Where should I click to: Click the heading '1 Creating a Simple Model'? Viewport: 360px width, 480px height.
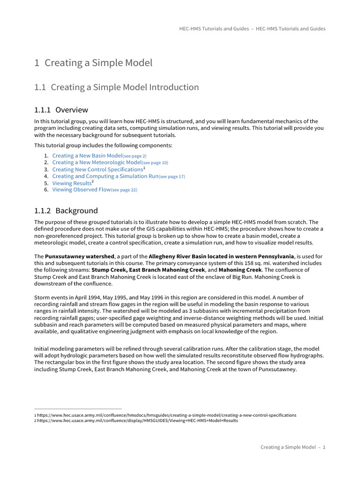coord(93,63)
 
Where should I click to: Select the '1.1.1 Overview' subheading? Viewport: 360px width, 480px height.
coord(61,110)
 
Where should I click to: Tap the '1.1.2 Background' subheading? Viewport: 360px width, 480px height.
coord(66,211)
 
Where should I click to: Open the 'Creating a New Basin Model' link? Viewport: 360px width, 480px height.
coord(87,156)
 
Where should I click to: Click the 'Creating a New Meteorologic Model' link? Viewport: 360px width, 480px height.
coord(97,163)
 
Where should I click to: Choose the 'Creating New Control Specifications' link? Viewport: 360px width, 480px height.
coord(97,170)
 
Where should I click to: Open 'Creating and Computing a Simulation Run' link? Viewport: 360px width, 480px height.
coord(105,177)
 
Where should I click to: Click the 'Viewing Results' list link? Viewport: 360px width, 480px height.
coord(71,183)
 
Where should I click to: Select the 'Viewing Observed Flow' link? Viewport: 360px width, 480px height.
coord(82,190)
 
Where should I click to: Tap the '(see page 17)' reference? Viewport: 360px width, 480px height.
coord(172,177)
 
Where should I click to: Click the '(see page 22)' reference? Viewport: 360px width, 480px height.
coord(124,190)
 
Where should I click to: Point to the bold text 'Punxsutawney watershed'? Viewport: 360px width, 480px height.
coord(79,256)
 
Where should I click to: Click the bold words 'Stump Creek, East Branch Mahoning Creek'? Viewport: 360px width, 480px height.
coord(148,270)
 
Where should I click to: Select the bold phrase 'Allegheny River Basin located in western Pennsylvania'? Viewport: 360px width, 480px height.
coord(221,256)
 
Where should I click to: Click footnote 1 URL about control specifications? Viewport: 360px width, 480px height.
coord(166,415)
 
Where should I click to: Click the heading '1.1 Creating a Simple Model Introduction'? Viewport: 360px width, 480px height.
coord(117,88)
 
